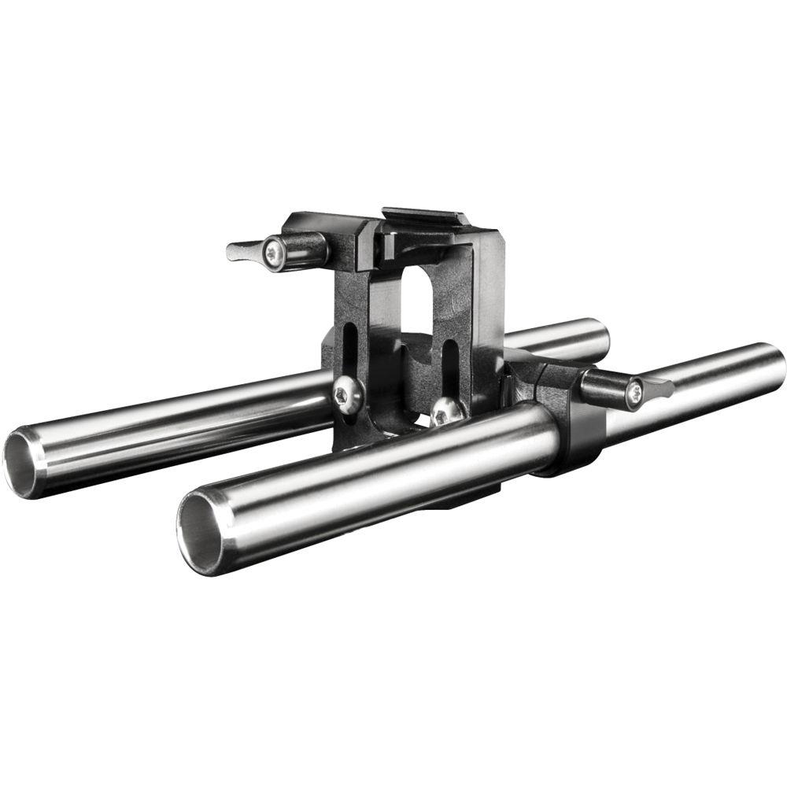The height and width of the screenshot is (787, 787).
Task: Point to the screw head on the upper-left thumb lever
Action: click(x=273, y=253)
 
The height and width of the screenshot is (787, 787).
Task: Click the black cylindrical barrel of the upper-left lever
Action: click(x=307, y=249)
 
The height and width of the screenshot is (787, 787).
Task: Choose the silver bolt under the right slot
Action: click(x=446, y=409)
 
